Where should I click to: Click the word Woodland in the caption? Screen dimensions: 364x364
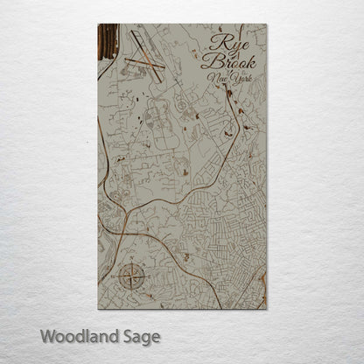[x=76, y=336]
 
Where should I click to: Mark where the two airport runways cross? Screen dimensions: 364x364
[x=141, y=60]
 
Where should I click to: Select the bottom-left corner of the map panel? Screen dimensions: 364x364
[x=99, y=309]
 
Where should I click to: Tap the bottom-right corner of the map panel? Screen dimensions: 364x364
[x=266, y=309]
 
